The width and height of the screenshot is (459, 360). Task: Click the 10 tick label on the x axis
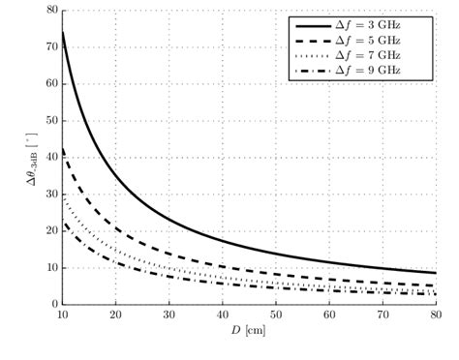(62, 315)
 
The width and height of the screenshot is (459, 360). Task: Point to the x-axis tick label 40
(222, 315)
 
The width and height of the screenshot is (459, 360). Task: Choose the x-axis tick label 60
(328, 315)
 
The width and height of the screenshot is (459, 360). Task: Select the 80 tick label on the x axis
(435, 315)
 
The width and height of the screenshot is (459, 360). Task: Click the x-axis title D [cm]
(249, 332)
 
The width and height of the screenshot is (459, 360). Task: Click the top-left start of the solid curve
(62, 32)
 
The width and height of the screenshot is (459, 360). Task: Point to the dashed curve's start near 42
(62, 149)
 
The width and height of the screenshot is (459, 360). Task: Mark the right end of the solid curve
(435, 272)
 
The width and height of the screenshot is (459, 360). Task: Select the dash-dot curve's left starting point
(62, 223)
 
